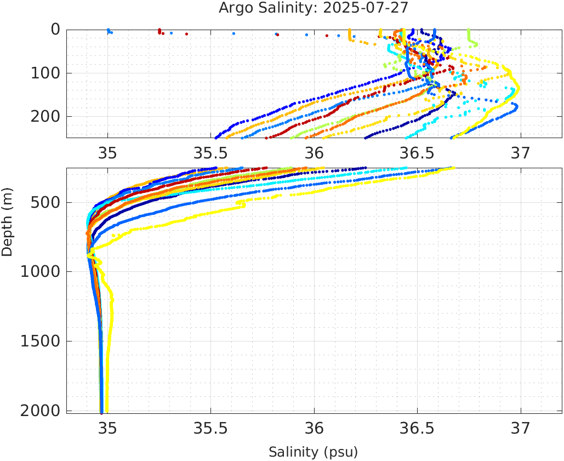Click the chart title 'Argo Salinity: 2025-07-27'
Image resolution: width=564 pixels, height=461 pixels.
(314, 8)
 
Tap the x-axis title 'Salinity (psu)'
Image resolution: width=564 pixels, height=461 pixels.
(313, 452)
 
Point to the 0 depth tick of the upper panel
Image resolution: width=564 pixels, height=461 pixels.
(55, 30)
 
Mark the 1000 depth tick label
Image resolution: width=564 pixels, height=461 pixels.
(39, 272)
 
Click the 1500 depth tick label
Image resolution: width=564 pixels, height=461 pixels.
(39, 341)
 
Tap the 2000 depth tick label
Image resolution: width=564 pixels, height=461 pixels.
(39, 411)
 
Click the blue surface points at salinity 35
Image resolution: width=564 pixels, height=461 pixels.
(109, 31)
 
